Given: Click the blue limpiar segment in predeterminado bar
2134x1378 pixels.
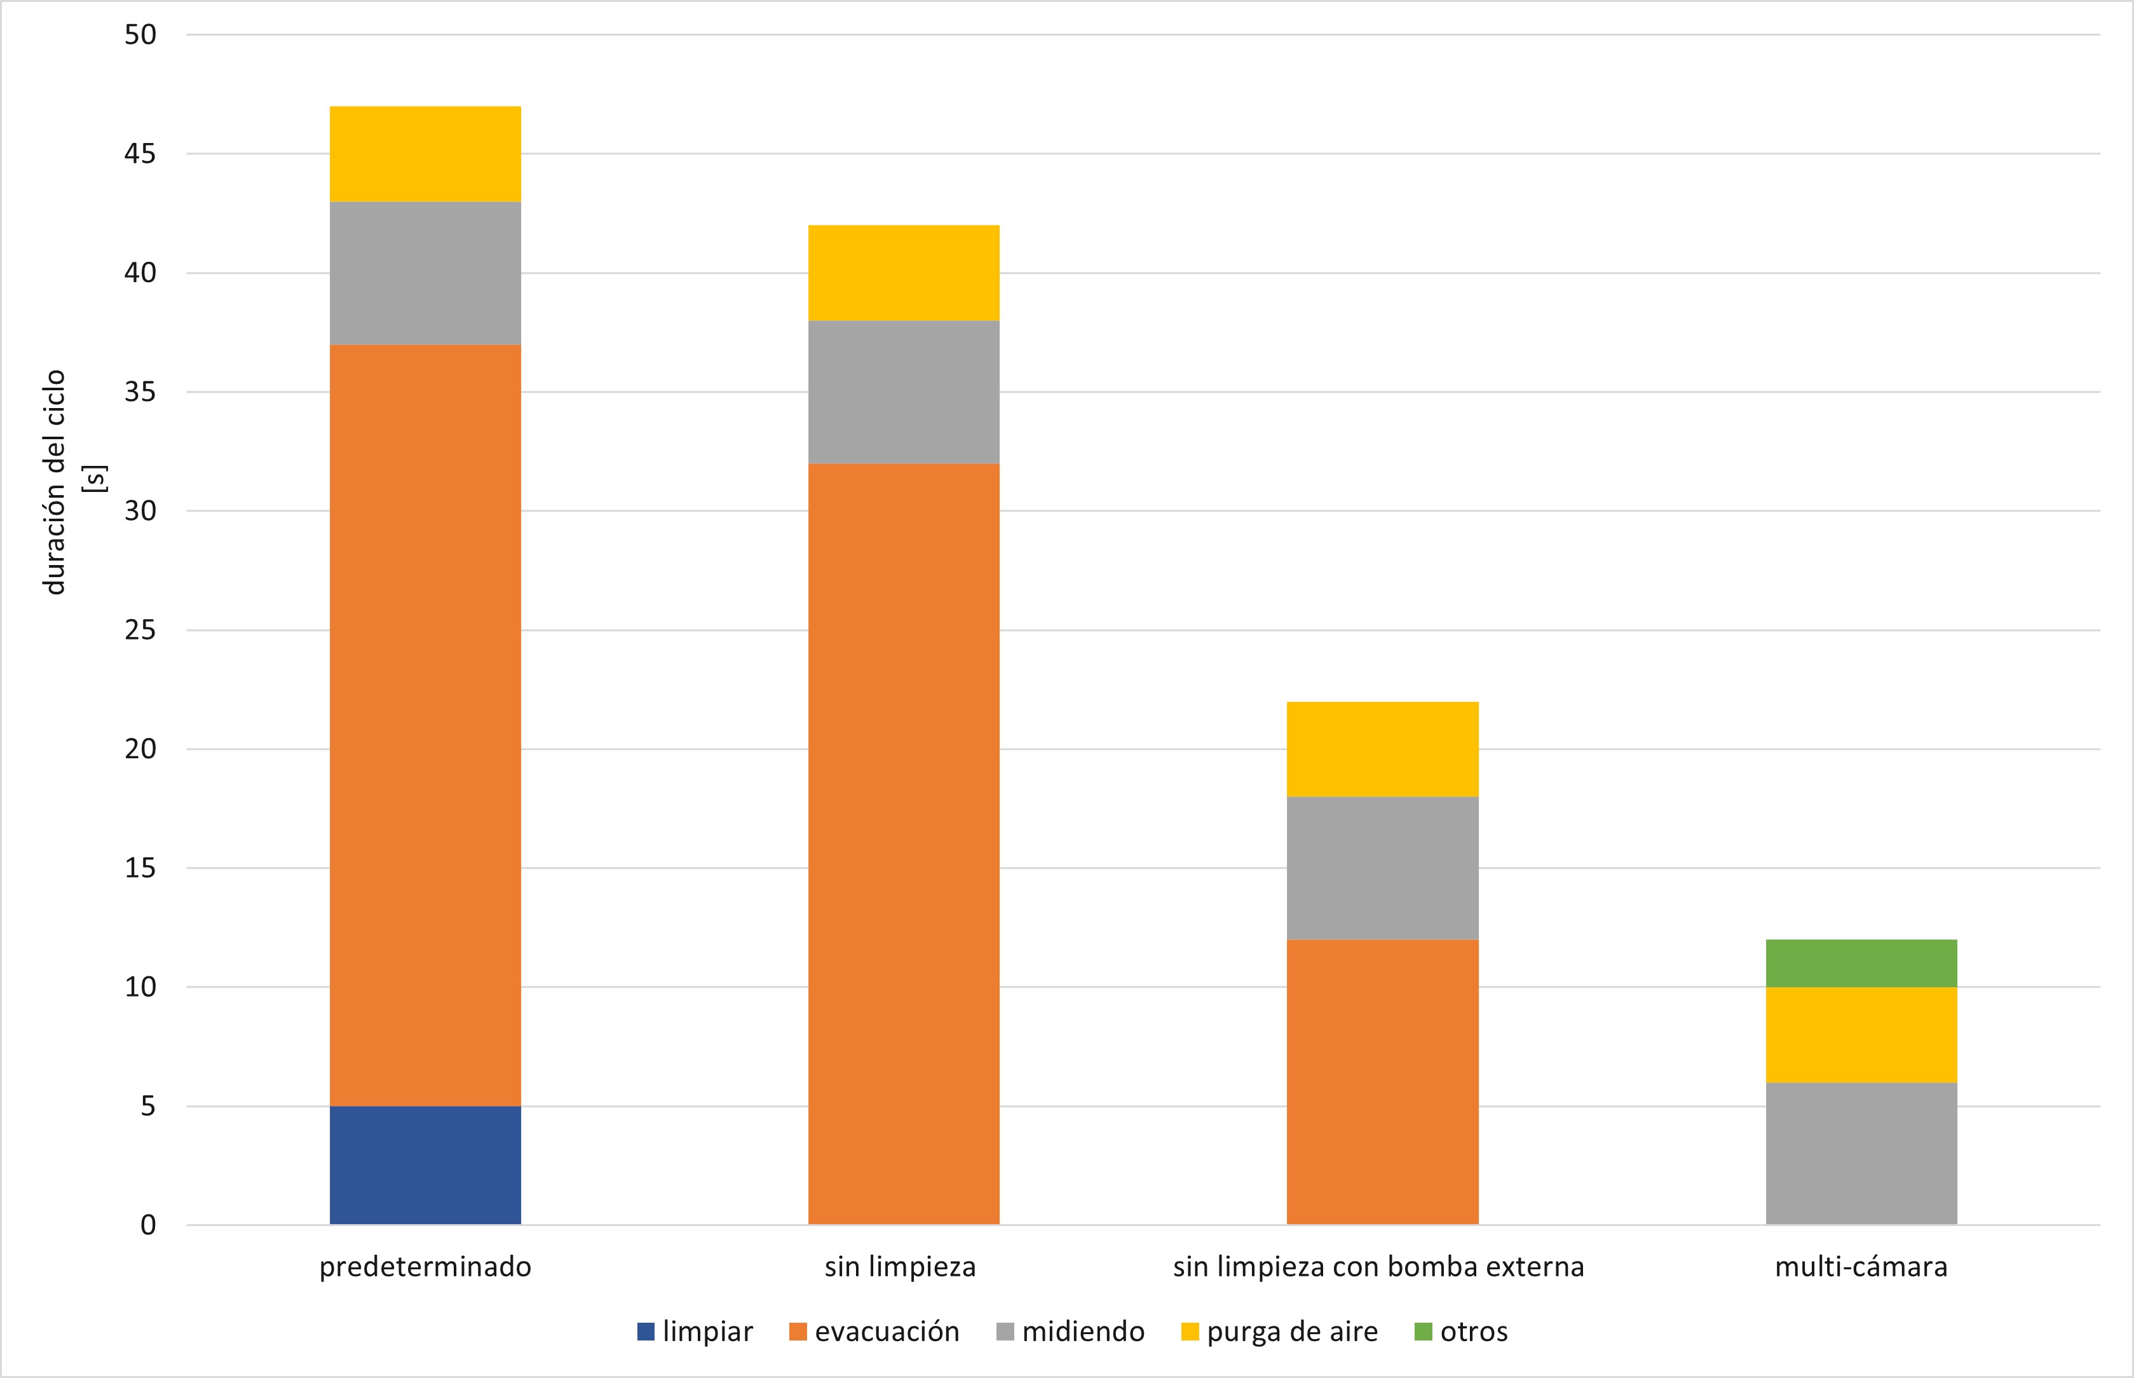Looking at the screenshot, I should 425,1165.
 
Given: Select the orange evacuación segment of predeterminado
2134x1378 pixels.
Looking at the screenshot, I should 425,725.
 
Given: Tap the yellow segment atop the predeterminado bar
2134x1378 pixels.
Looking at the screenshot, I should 425,154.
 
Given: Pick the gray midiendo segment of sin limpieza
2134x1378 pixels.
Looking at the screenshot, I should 903,392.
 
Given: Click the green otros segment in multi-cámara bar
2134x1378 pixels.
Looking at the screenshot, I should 1861,963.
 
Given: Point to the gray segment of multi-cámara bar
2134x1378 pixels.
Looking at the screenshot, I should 1861,1154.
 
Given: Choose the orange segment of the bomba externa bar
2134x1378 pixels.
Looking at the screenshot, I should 1382,1082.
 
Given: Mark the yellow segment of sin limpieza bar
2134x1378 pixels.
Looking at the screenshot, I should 903,273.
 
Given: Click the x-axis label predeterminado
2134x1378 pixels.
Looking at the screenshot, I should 425,1267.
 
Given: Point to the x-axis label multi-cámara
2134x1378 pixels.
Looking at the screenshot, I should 1861,1267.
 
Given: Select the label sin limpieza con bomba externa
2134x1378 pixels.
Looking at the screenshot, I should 1378,1267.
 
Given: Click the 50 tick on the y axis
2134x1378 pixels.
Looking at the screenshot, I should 141,35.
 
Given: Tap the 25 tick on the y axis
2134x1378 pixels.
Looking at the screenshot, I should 141,630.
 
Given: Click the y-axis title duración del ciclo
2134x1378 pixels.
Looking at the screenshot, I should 55,481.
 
